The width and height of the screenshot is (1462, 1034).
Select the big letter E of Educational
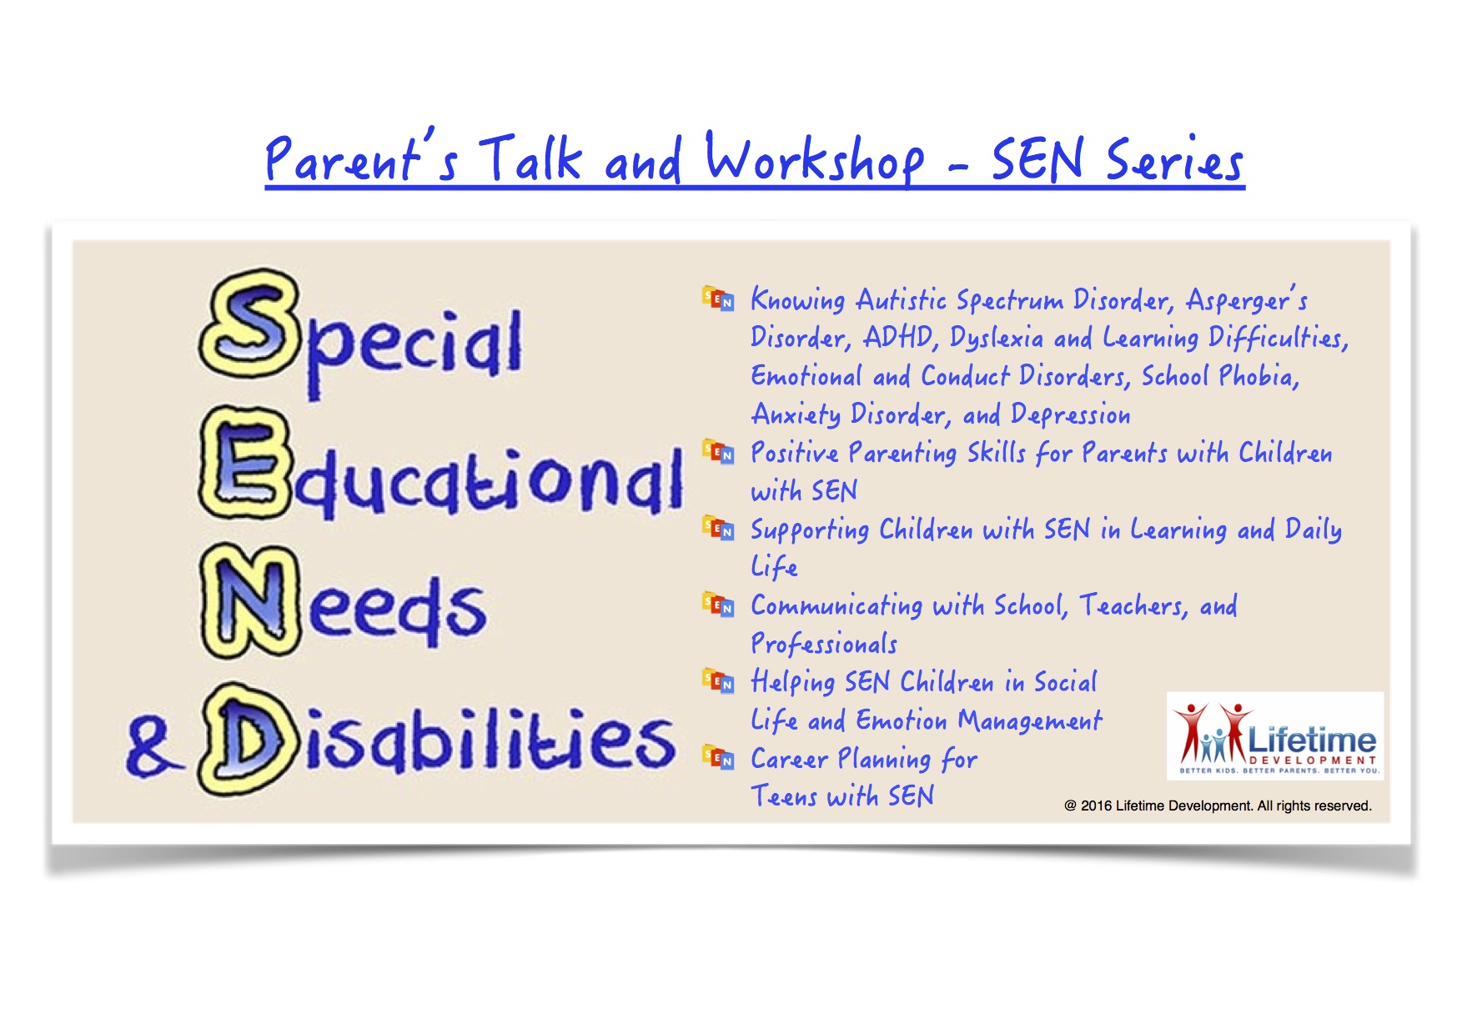point(247,465)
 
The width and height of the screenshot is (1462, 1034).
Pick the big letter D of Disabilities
point(248,739)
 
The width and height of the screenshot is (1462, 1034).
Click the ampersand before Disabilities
point(153,747)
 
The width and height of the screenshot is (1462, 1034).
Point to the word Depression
point(1071,414)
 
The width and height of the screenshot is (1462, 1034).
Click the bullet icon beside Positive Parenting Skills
point(718,451)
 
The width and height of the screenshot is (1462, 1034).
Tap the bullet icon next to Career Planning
point(718,756)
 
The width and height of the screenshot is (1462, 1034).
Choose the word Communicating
point(837,606)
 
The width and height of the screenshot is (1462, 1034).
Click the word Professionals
point(824,644)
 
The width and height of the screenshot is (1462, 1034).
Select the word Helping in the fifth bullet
point(792,682)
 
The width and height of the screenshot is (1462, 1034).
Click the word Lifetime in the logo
point(1312,740)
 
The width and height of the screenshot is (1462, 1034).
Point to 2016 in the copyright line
point(1096,806)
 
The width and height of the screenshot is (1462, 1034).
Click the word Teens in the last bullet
point(784,796)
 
